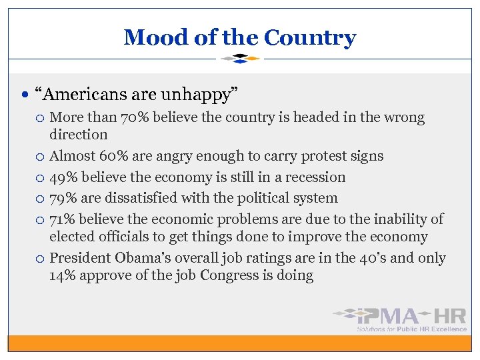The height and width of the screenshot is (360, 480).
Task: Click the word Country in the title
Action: [310, 37]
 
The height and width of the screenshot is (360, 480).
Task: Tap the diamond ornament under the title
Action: [240, 59]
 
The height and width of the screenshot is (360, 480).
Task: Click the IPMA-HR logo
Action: [401, 318]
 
